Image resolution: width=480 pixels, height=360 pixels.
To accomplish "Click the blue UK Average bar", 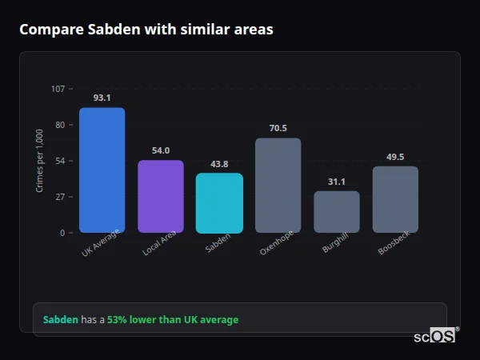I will pos(102,170).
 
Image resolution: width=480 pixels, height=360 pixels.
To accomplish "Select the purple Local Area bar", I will pos(160,196).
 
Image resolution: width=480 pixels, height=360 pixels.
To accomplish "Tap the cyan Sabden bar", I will pos(219,202).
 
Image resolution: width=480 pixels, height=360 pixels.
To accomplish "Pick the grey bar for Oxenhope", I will pos(278,185).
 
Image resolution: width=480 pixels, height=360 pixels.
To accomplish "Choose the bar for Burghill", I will pos(336,211).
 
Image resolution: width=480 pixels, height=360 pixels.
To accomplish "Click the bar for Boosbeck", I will pos(395,199).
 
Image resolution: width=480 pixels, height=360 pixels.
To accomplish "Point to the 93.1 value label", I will pos(102,98).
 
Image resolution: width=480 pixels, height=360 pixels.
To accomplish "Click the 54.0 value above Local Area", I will pos(160,150).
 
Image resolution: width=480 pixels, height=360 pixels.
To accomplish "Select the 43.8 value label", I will pos(219,164).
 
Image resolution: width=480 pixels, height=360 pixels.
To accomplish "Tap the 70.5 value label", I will pos(278,128).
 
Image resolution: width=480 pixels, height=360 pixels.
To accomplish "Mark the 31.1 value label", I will pos(336,182).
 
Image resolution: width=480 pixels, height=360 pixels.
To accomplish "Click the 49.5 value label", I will pos(395,157).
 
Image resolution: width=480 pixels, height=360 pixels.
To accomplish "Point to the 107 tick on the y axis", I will pos(58,89).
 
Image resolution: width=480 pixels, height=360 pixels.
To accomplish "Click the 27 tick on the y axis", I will pos(59,197).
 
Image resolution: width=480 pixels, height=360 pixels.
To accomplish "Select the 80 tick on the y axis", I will pos(59,125).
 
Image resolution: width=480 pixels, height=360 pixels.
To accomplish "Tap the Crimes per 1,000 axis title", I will pos(40,160).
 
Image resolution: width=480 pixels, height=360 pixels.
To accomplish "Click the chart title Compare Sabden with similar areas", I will pos(146,30).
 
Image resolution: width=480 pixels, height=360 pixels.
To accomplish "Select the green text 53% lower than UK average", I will pos(173,320).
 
